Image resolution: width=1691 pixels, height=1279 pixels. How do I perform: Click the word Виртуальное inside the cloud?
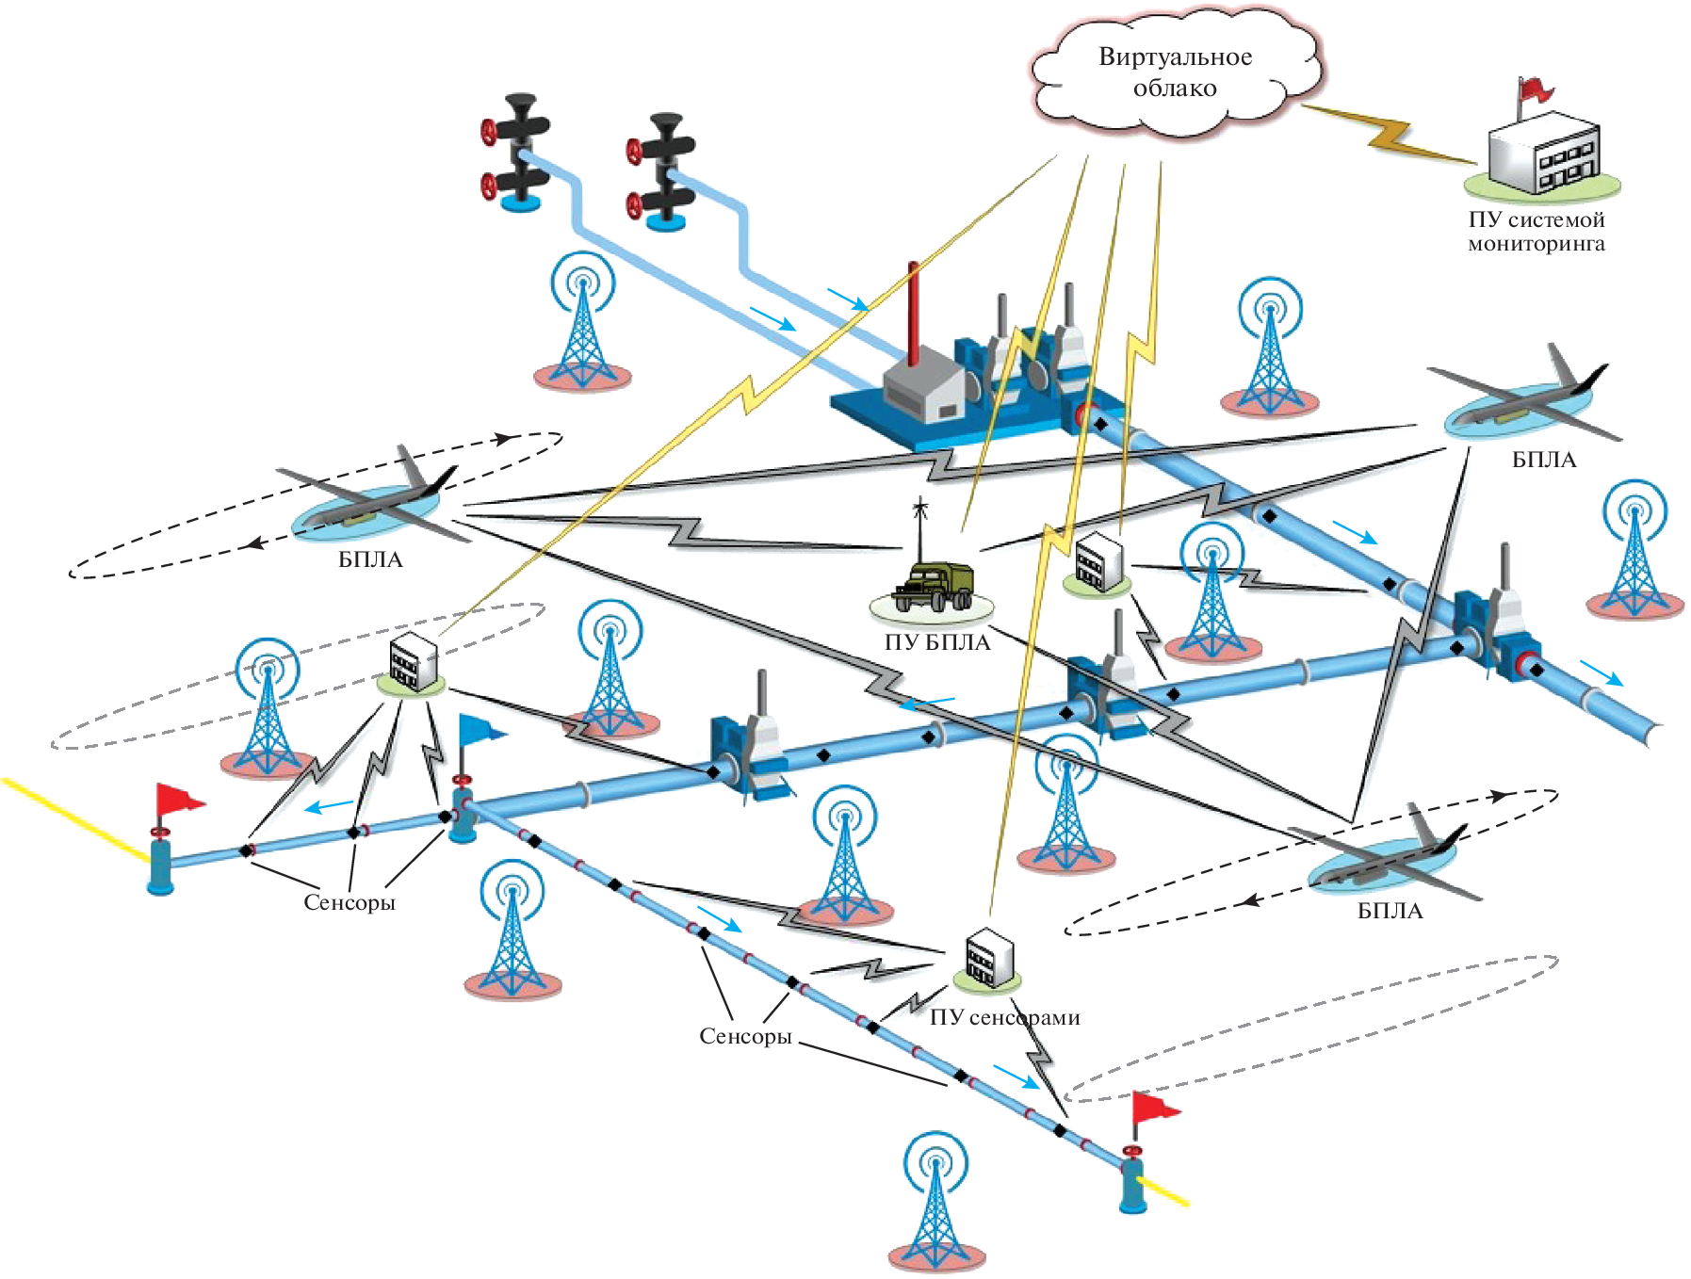[x=1175, y=57]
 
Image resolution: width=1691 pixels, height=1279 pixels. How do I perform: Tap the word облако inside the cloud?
[x=1175, y=89]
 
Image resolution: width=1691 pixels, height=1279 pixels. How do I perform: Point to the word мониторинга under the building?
[x=1536, y=244]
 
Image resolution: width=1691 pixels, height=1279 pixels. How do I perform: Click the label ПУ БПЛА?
[x=937, y=642]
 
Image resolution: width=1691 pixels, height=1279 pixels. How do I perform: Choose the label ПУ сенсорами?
[x=1004, y=1017]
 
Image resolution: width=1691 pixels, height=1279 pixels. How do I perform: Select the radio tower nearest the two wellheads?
[x=583, y=320]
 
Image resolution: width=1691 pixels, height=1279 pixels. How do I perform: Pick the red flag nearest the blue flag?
[x=177, y=801]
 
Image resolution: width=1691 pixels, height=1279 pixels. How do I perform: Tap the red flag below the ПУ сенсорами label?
[x=1153, y=1109]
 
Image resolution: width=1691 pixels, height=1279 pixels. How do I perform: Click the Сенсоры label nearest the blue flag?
[x=349, y=902]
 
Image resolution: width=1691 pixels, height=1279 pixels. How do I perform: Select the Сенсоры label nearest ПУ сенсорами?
[x=745, y=1036]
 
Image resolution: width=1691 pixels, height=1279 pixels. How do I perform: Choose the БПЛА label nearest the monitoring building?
[x=1543, y=460]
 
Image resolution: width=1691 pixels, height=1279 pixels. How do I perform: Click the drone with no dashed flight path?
[x=1526, y=400]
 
